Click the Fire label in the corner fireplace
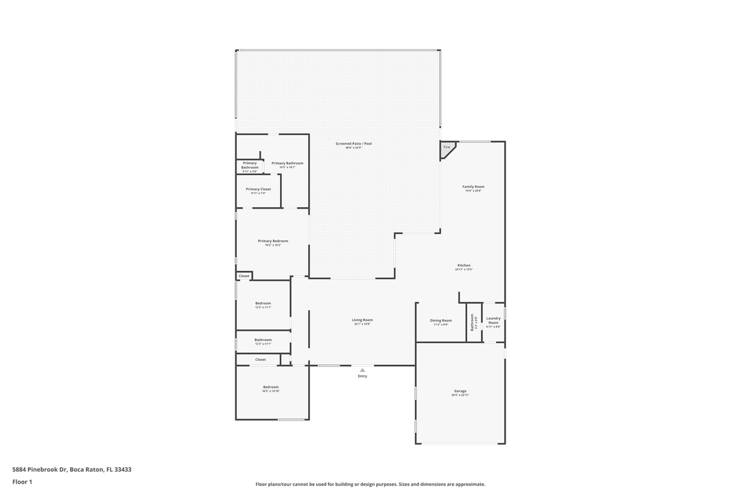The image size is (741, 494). pos(447,148)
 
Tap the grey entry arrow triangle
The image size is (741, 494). pos(362,370)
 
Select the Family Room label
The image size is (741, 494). pos(473,187)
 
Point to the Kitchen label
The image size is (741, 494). pos(464,266)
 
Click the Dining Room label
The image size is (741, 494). pos(440,320)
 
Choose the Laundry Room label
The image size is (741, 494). pos(493,320)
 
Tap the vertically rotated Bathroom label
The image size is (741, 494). pos(473,322)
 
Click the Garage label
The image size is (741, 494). pos(460,391)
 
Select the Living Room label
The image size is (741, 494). pos(362,320)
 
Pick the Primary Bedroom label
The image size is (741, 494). pos(273,241)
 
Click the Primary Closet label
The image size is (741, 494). pos(258,189)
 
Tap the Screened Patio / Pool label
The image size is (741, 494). pos(353,143)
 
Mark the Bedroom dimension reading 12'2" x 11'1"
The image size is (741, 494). pos(263,307)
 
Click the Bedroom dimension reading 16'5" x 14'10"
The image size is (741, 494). pos(271,391)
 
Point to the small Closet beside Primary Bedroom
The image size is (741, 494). pos(244,276)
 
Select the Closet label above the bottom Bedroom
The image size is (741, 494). pos(261,360)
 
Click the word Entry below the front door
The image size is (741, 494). pos(362,376)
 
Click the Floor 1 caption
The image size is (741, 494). pos(22,482)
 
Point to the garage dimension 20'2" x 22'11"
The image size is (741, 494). pos(460,395)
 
